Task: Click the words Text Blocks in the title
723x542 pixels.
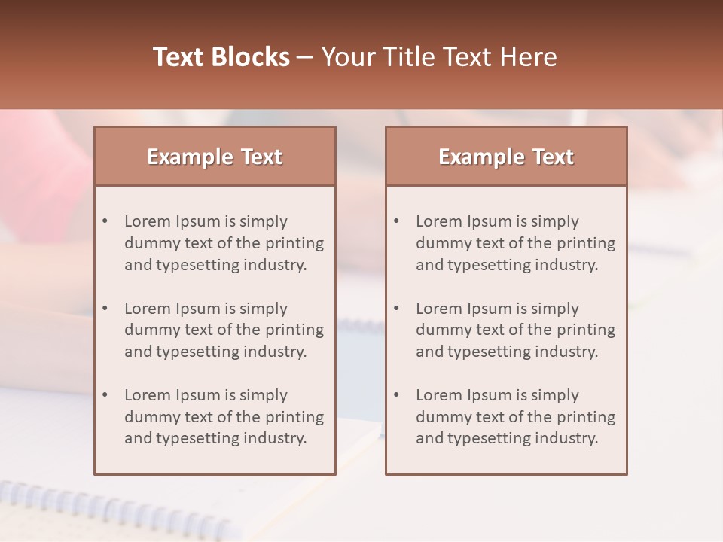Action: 221,57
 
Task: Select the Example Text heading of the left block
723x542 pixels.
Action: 215,157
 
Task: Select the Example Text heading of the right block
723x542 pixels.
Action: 506,157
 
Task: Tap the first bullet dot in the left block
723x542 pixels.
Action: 105,221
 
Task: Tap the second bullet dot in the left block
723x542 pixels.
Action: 105,309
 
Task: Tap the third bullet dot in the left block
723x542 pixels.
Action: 105,395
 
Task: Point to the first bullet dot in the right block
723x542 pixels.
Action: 397,221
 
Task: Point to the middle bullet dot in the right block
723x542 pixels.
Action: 397,309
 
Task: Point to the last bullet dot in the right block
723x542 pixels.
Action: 397,395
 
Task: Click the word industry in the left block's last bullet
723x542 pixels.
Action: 276,438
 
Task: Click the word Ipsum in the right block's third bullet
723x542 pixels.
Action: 490,395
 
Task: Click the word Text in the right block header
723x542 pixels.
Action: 554,157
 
